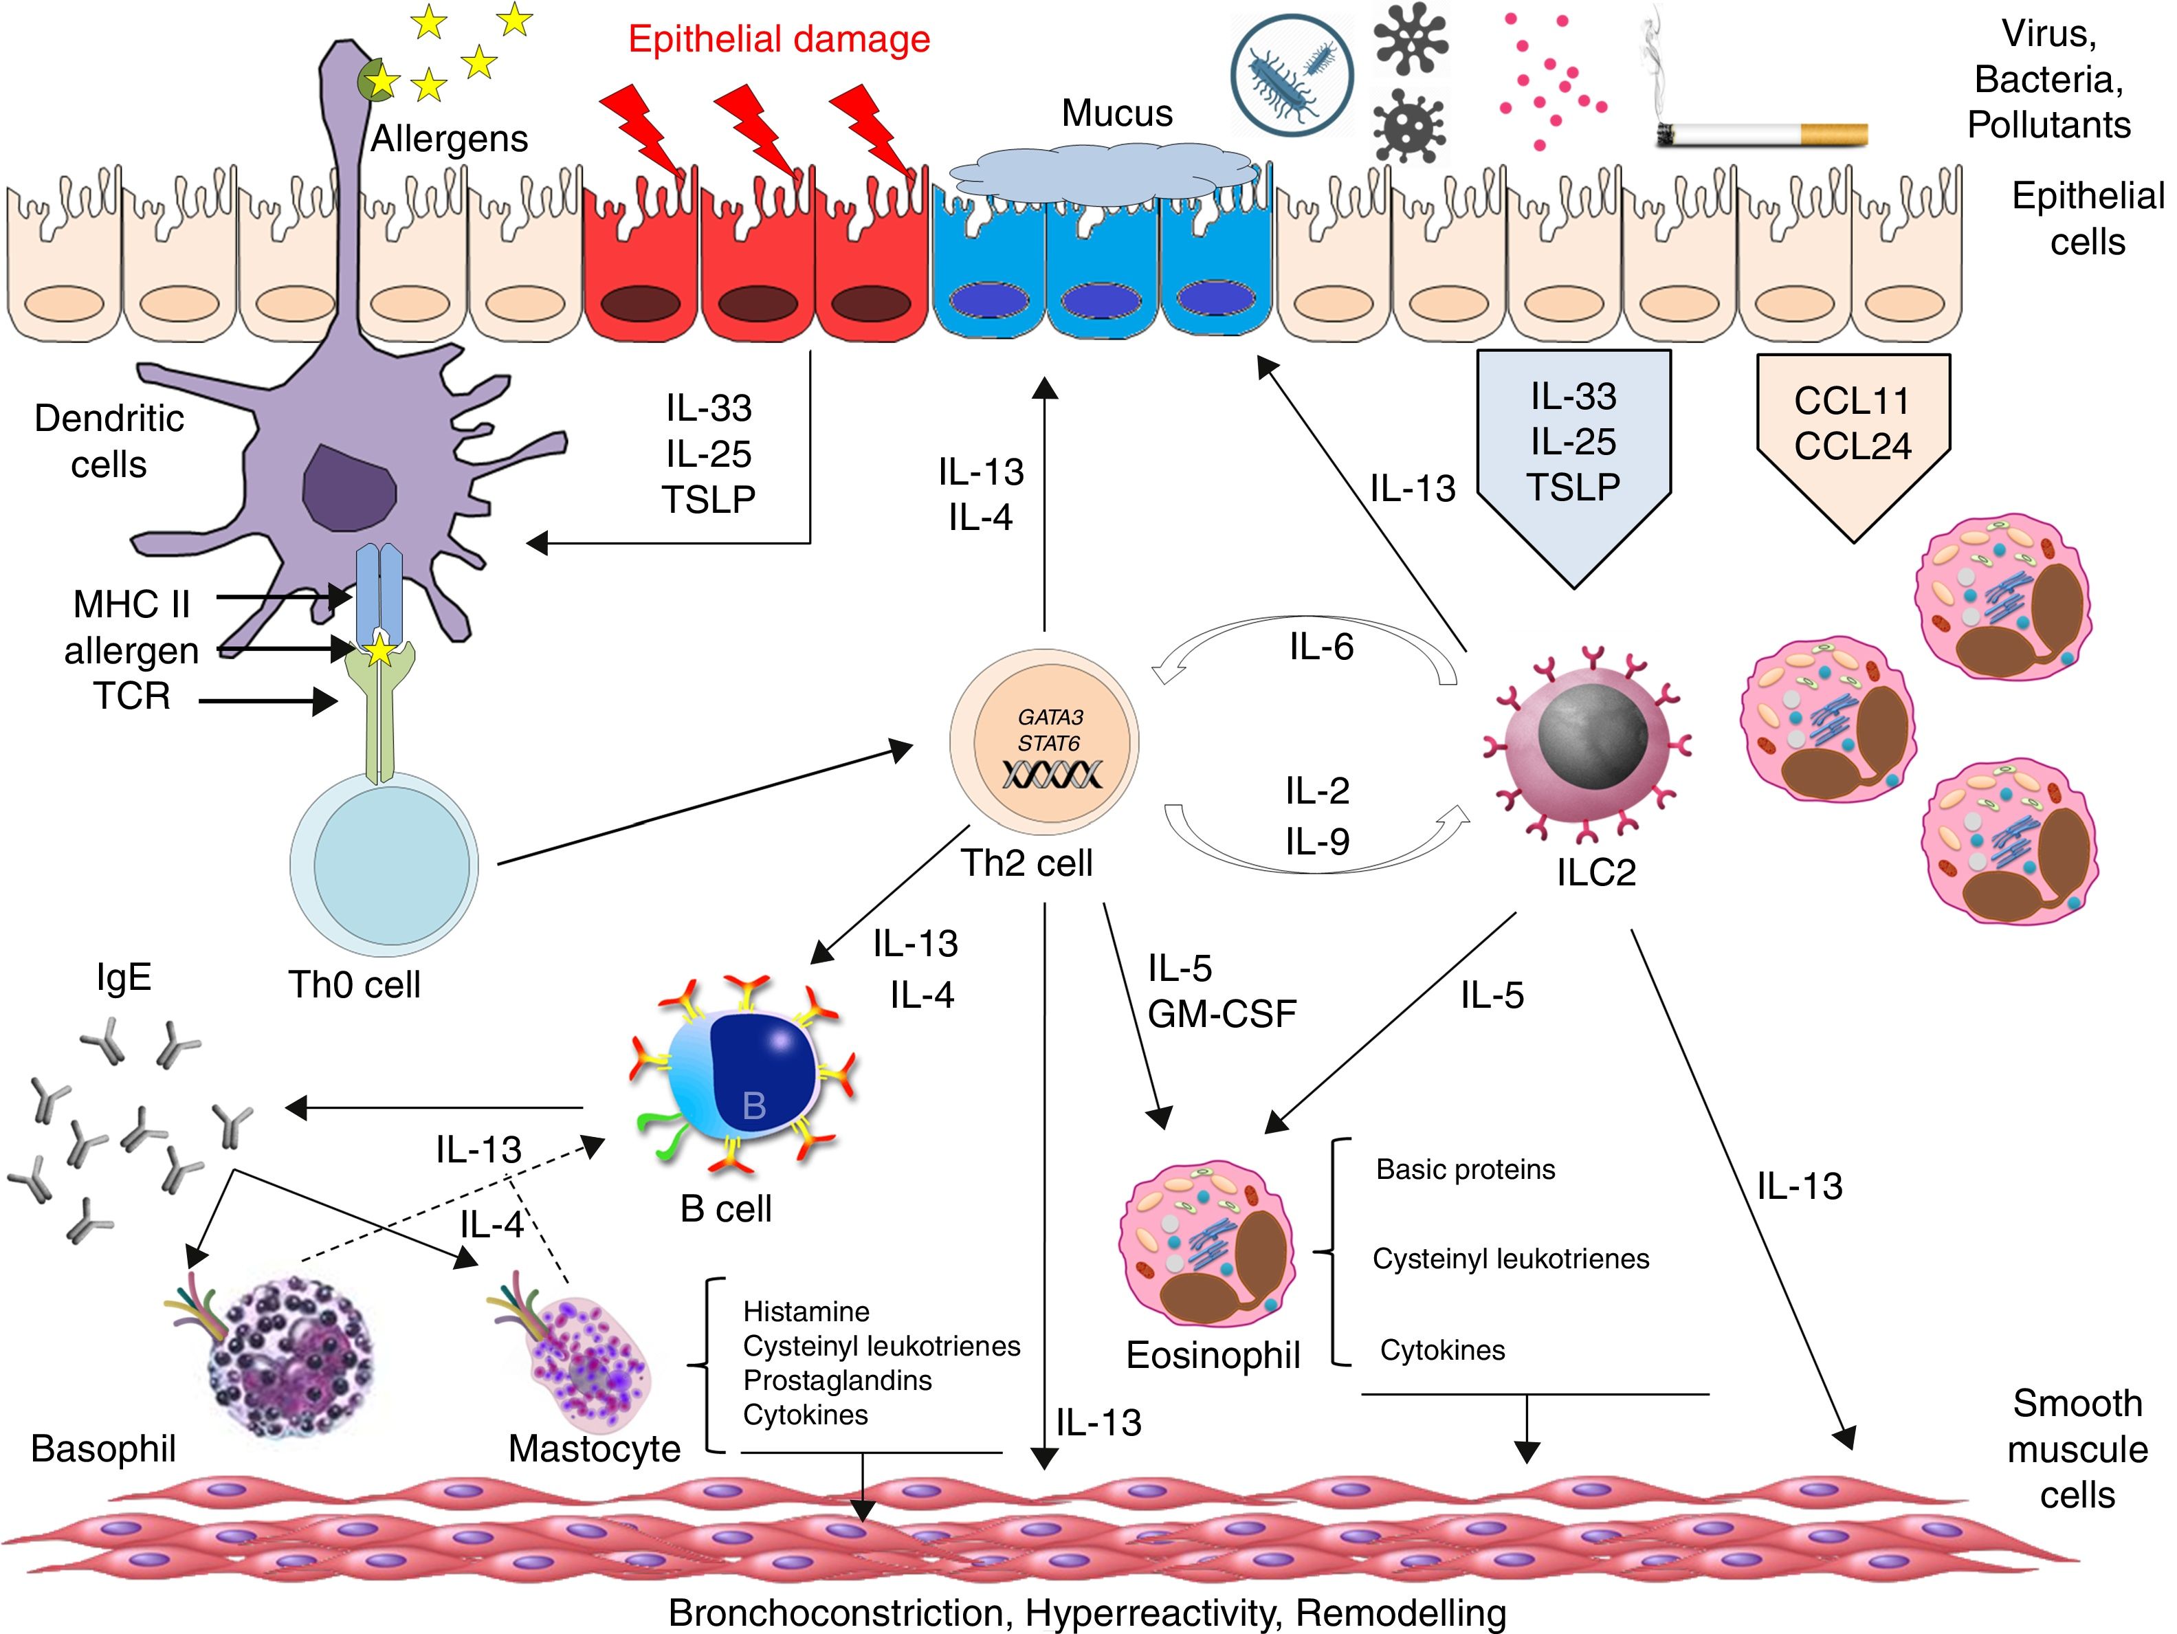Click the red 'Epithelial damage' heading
[779, 39]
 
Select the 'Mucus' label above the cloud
[1116, 113]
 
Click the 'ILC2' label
[1595, 872]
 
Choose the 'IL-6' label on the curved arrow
[1320, 647]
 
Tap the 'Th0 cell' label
[353, 984]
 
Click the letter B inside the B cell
[754, 1105]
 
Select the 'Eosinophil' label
[1213, 1356]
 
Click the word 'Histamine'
[806, 1311]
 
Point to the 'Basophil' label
[103, 1449]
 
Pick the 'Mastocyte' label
[595, 1449]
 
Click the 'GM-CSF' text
[1222, 1014]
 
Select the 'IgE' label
[124, 978]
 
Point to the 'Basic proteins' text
[1466, 1169]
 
